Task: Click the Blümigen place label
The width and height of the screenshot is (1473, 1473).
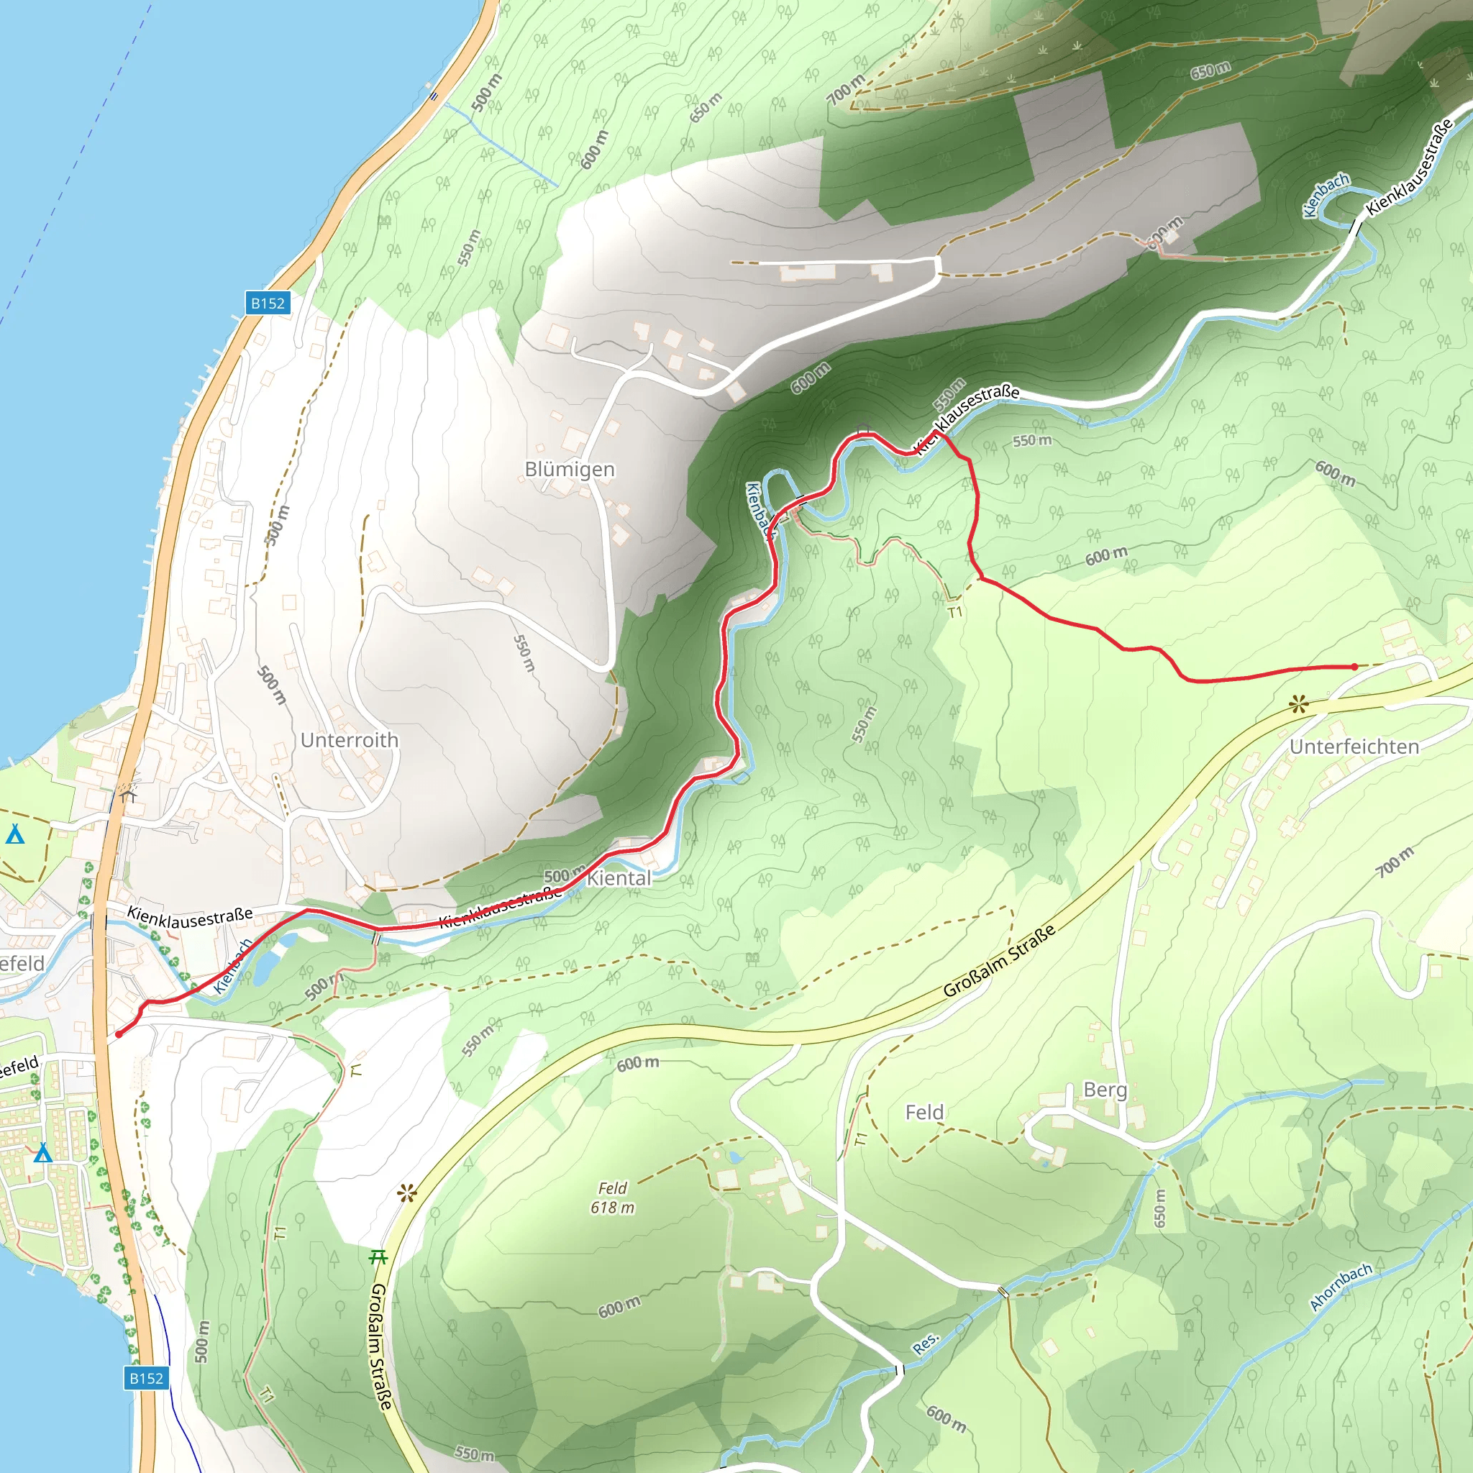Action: tap(570, 469)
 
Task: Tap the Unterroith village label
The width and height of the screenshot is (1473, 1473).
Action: tap(349, 739)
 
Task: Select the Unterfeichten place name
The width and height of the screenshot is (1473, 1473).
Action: tap(1354, 747)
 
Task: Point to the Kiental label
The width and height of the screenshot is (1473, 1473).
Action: tap(619, 877)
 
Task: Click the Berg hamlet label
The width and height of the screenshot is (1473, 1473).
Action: tap(1105, 1090)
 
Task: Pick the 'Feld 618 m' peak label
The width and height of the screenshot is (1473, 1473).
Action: tap(613, 1198)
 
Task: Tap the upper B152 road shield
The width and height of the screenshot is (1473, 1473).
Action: tap(268, 303)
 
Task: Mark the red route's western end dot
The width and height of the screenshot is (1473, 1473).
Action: tap(119, 1034)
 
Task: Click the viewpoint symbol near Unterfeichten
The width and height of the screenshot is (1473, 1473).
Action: tap(1298, 704)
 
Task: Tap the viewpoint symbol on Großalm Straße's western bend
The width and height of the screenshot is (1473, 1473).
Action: tap(407, 1193)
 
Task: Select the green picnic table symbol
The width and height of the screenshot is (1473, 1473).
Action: tap(378, 1257)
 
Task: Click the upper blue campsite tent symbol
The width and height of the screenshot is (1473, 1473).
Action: tap(15, 834)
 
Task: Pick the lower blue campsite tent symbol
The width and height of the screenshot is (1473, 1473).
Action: tap(42, 1153)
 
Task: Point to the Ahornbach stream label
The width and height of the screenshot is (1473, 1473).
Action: tap(1341, 1287)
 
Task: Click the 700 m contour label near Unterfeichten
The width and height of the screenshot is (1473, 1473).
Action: tap(1395, 862)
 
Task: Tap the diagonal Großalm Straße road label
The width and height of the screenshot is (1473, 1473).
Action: tap(999, 961)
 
